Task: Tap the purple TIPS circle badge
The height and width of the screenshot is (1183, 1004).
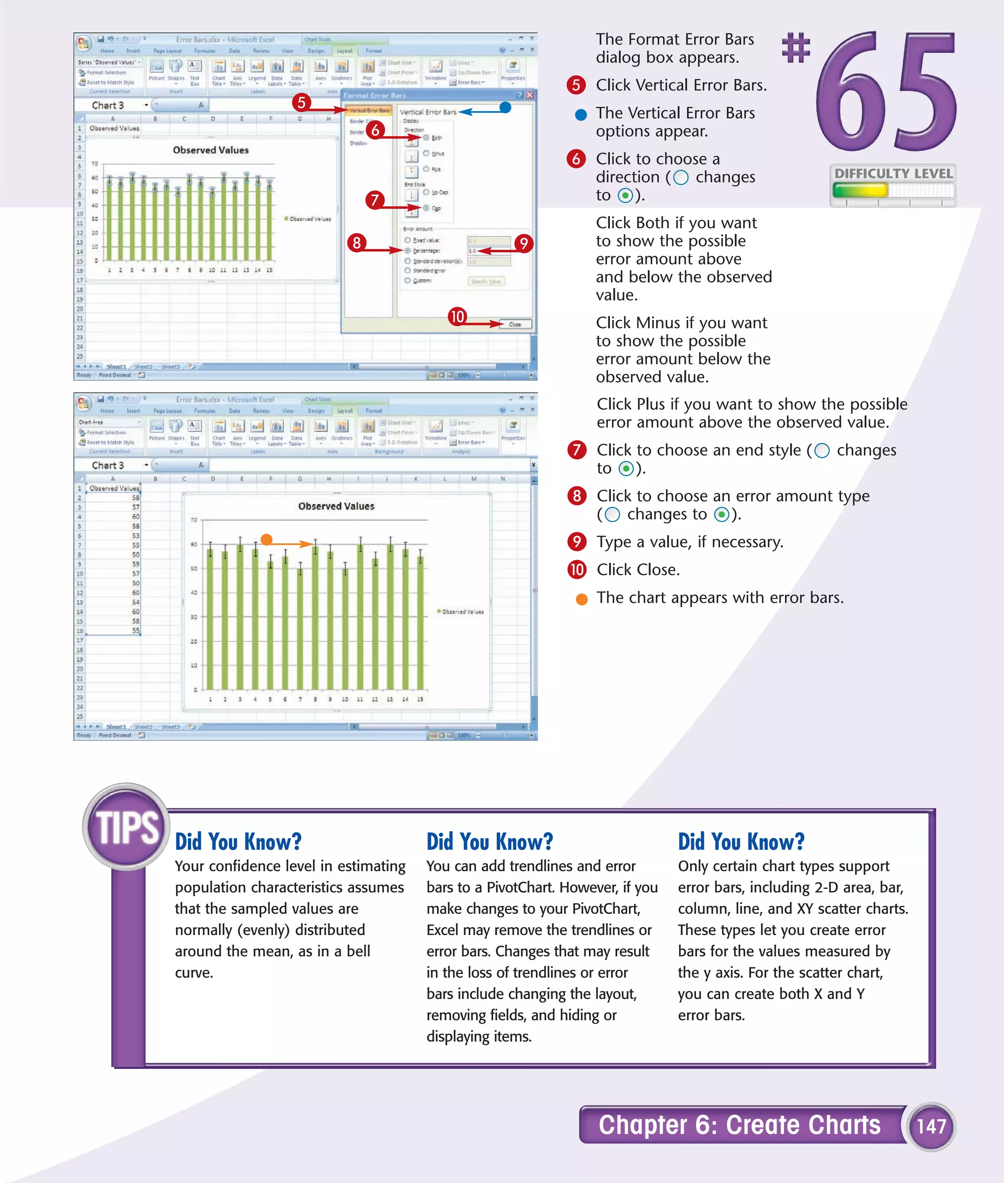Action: tap(126, 826)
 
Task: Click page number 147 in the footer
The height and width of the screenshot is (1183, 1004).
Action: tap(931, 1126)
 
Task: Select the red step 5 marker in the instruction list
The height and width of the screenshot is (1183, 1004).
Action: tap(576, 85)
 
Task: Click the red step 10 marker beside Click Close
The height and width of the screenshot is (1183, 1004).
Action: tap(577, 569)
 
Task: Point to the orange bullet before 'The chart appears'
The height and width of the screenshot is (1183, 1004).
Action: tap(581, 599)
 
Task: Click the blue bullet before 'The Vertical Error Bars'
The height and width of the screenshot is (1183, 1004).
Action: tap(580, 115)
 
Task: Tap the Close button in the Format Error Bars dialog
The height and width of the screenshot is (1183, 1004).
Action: tap(515, 324)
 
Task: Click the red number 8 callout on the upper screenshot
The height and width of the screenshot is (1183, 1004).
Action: tap(357, 243)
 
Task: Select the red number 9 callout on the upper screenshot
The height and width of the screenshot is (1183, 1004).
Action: tap(524, 244)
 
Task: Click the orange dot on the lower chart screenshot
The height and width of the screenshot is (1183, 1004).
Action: tap(266, 540)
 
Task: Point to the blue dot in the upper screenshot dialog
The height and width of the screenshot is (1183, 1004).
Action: tap(505, 107)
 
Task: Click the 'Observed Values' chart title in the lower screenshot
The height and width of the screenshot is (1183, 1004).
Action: tap(336, 506)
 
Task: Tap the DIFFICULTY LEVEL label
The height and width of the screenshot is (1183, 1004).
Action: tap(893, 173)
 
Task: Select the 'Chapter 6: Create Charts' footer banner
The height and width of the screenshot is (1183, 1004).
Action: tap(739, 1125)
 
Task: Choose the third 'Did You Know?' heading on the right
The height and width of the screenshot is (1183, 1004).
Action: tap(741, 841)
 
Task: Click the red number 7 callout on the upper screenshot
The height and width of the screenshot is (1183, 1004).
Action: tap(375, 200)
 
